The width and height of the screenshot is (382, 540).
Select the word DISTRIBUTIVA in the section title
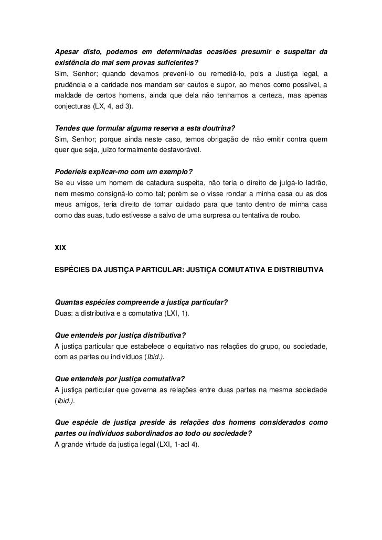(298, 270)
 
